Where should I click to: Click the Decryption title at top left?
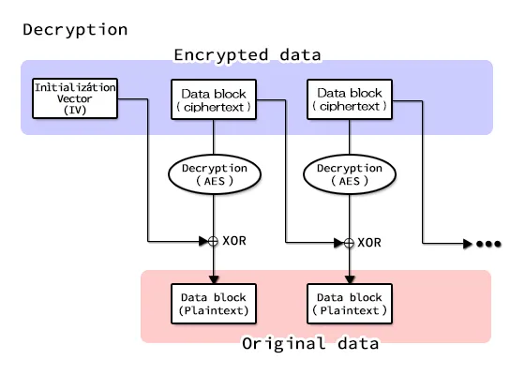(x=75, y=29)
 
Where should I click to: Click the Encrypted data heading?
(x=247, y=54)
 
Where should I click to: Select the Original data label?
(x=310, y=343)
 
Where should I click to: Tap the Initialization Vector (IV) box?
(x=75, y=98)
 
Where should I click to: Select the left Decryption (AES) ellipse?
(x=214, y=173)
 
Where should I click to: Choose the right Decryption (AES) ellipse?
(x=350, y=174)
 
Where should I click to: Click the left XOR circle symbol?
(x=214, y=241)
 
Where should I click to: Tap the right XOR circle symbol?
(x=350, y=243)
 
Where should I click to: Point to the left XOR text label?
(x=234, y=241)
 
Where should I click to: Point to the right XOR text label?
(x=370, y=243)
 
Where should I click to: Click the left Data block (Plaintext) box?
(x=214, y=303)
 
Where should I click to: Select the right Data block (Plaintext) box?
(x=350, y=303)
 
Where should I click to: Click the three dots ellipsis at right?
(x=488, y=244)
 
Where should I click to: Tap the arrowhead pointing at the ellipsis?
(x=467, y=244)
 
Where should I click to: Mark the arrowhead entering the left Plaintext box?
(x=214, y=278)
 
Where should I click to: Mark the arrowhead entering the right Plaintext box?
(x=350, y=278)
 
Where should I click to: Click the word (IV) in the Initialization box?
(x=75, y=110)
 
